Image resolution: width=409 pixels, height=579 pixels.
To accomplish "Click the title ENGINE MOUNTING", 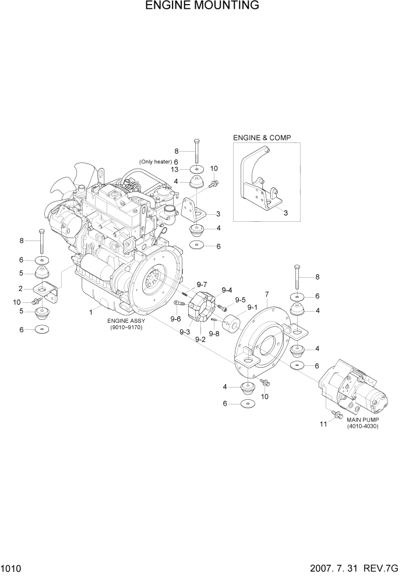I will [202, 6].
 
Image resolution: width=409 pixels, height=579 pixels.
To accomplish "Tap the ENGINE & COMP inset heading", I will [262, 138].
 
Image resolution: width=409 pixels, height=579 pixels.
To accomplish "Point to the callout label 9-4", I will [227, 290].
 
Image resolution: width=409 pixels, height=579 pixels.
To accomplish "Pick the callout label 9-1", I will [252, 307].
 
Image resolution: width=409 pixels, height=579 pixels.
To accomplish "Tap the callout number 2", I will [20, 288].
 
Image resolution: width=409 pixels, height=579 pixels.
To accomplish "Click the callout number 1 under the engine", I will [91, 312].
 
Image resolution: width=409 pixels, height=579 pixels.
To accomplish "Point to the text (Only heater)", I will [154, 162].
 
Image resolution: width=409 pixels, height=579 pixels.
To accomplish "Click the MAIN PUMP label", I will [362, 420].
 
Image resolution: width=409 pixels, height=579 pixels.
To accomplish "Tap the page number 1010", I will [12, 567].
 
